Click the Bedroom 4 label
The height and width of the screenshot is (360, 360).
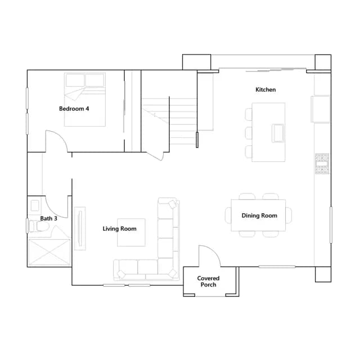(x=74, y=109)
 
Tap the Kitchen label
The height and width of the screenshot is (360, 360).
(x=265, y=89)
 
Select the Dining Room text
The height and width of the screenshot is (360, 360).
(x=259, y=215)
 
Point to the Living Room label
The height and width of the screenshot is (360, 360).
(x=119, y=229)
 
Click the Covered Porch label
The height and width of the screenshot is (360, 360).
(x=208, y=281)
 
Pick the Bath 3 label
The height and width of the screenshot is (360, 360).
(x=49, y=218)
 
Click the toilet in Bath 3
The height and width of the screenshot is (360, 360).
(x=39, y=226)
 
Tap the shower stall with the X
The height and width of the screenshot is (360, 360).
(x=49, y=253)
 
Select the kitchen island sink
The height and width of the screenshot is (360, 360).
(x=278, y=133)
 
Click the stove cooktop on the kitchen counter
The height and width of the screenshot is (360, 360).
(x=322, y=164)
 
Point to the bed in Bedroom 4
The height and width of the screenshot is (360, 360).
(x=85, y=100)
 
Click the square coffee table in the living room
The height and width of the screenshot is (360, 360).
(x=131, y=232)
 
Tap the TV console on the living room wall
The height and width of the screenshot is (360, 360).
(x=80, y=228)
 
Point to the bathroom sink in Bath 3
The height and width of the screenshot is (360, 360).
(x=35, y=205)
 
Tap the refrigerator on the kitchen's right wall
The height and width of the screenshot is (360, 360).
(x=321, y=109)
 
